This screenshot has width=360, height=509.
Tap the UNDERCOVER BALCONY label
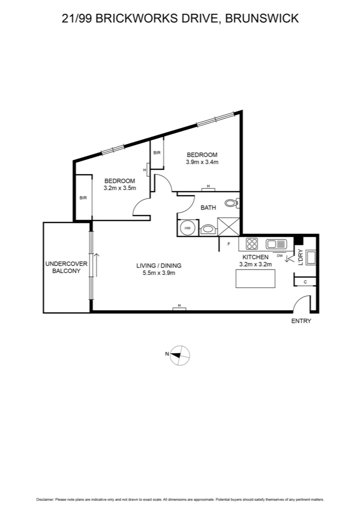[66, 267]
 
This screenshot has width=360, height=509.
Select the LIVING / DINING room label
[159, 265]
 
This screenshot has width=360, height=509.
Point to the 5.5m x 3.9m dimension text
[159, 273]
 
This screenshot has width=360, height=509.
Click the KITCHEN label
[255, 257]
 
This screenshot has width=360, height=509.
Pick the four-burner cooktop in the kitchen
[252, 244]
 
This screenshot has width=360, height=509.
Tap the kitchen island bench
[255, 278]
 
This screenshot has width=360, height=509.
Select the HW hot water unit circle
[188, 228]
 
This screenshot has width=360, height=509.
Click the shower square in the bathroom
[229, 227]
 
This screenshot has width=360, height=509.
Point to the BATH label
[208, 207]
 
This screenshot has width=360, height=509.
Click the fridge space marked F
[229, 244]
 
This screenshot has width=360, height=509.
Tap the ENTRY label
[302, 321]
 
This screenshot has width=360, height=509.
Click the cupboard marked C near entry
[305, 282]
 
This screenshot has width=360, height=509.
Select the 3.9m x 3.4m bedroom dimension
[202, 162]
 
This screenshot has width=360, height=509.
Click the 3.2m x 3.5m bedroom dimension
[120, 188]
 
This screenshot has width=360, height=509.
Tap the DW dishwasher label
[279, 255]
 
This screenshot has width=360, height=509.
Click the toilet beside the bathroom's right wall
[231, 203]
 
